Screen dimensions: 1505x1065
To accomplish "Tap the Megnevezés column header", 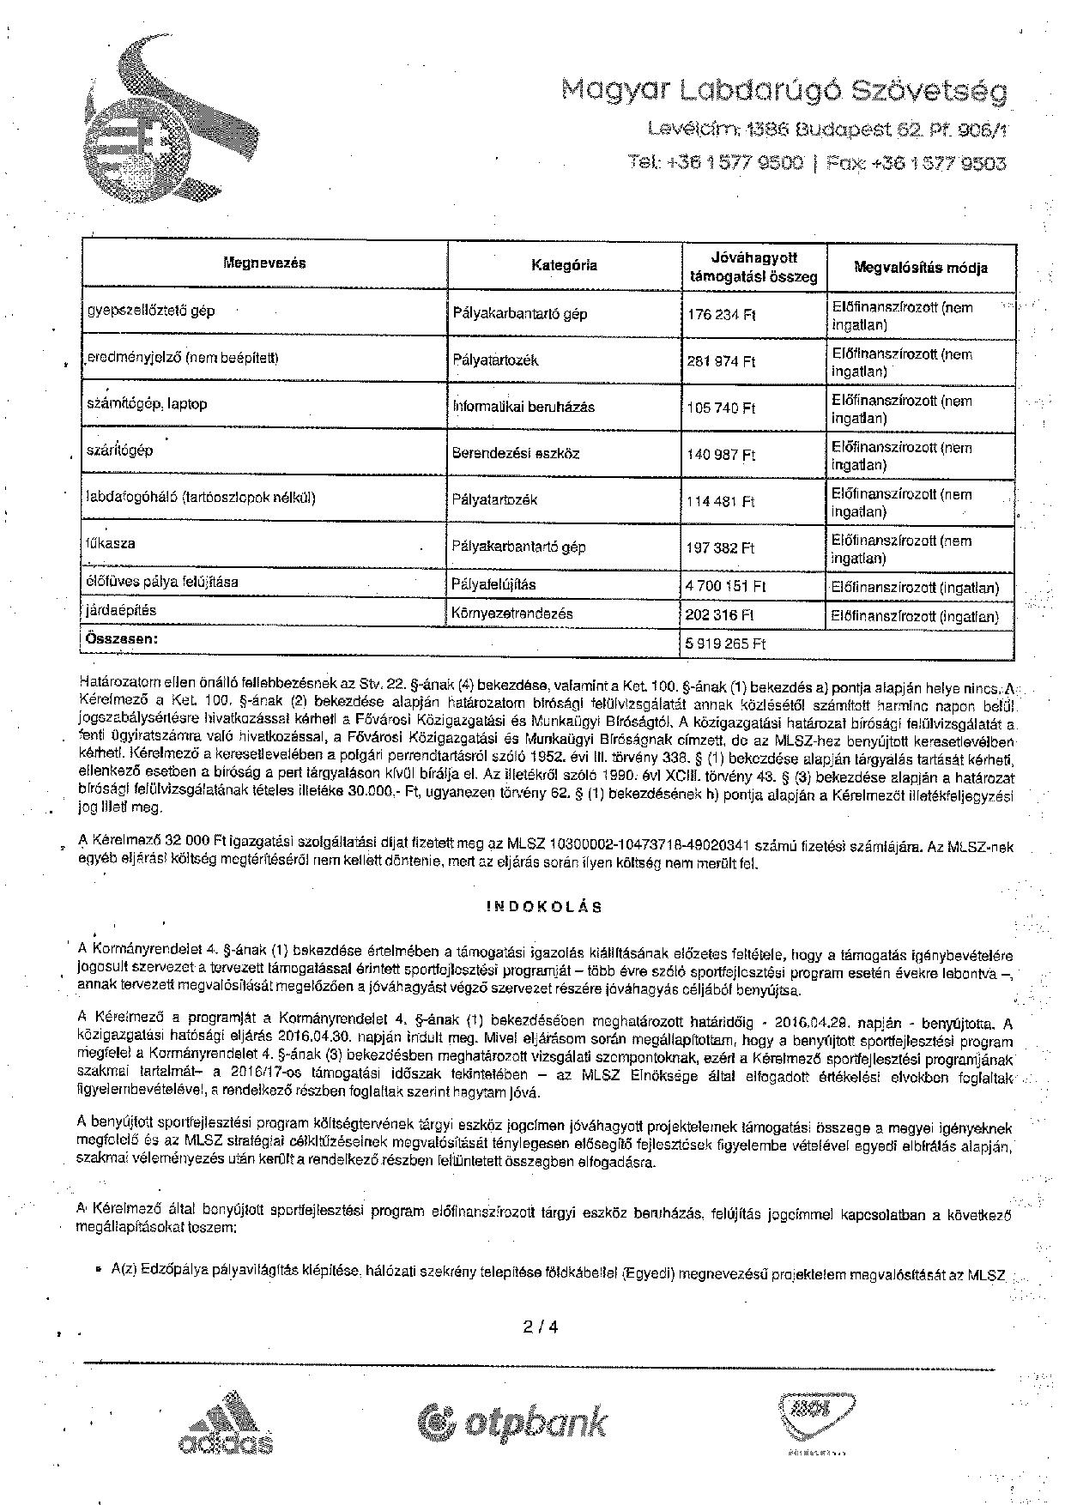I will [265, 263].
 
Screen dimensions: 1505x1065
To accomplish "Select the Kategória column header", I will [564, 265].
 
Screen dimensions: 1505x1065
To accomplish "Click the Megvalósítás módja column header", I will [921, 267].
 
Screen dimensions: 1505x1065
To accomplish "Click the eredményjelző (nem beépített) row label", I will [182, 358].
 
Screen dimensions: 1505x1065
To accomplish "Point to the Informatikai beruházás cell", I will [523, 407].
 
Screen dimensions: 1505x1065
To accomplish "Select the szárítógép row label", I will [120, 450].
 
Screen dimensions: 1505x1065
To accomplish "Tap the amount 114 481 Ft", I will [721, 501].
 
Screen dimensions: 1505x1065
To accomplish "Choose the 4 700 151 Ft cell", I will [726, 587].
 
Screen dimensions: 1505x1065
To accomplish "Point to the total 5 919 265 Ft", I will [726, 644].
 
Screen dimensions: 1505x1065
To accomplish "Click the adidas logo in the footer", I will [226, 1426].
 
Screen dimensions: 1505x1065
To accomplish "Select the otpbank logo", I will [512, 1422].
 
